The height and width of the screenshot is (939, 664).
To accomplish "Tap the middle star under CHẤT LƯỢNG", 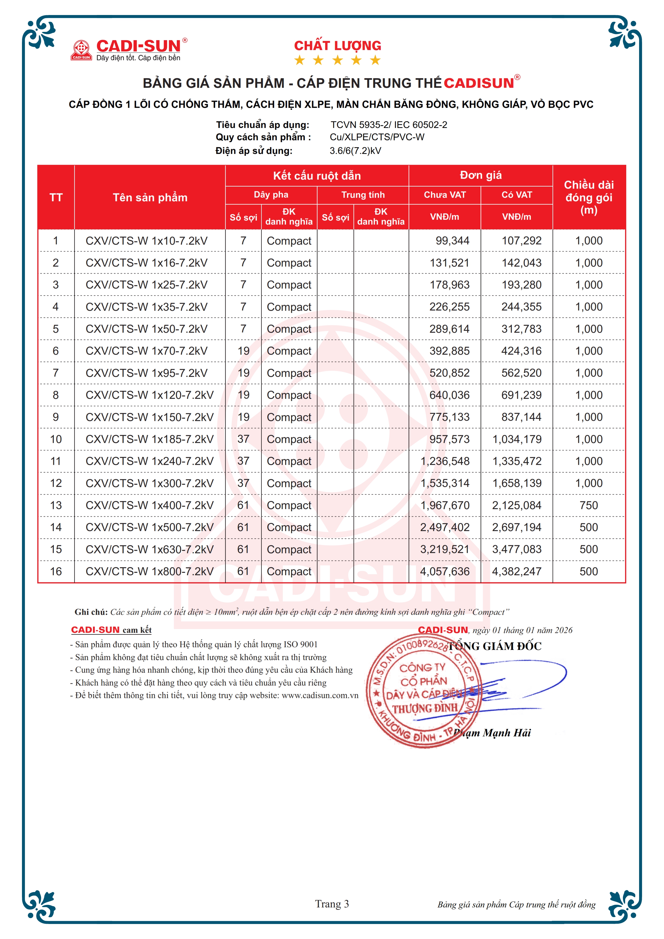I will tap(337, 60).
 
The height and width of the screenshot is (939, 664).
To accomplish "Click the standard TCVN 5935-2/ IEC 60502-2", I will tap(389, 125).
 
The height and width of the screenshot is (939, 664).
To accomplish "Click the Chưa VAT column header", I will tap(444, 195).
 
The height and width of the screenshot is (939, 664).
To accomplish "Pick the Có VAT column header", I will tap(516, 195).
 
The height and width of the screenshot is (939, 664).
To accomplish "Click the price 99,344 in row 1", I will tap(452, 241).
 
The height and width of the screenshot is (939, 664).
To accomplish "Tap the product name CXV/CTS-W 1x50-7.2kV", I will tap(147, 329).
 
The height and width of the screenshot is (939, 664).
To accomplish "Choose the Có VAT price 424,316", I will tap(521, 351).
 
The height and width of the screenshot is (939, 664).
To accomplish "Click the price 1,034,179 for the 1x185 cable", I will tap(517, 439).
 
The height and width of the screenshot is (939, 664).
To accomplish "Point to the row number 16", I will tap(56, 572).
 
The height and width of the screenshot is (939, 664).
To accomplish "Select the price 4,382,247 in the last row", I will tap(517, 572).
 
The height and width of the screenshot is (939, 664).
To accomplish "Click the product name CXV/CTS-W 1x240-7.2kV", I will tap(149, 461).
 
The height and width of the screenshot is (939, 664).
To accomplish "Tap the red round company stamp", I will tap(421, 691).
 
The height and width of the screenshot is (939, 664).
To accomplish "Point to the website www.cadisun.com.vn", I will tap(320, 695).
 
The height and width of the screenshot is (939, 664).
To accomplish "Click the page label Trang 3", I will tap(332, 904).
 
